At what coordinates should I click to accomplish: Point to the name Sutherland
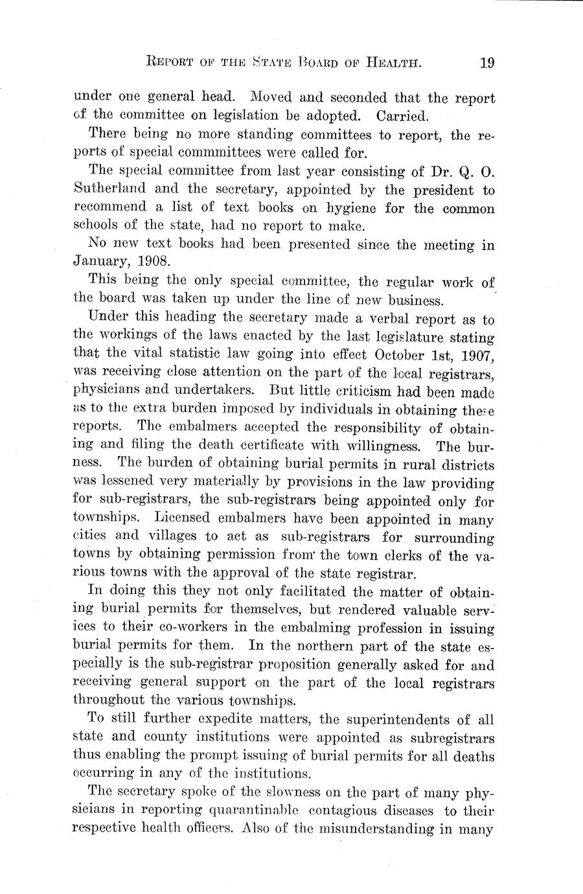pyautogui.click(x=109, y=190)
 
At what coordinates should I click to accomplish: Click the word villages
pyautogui.click(x=168, y=537)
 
